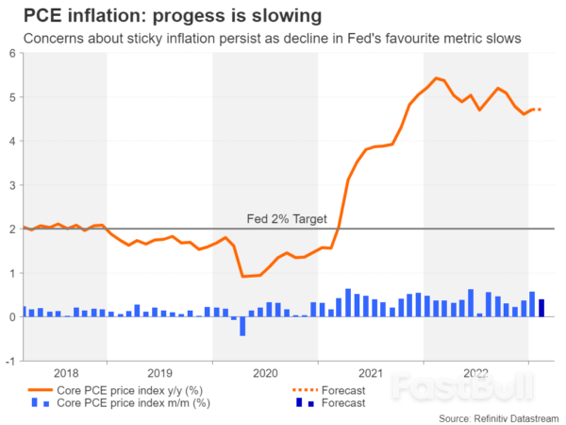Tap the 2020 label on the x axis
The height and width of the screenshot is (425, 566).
[265, 372]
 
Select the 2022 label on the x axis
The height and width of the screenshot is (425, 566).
[476, 372]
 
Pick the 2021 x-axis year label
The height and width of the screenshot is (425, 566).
[371, 372]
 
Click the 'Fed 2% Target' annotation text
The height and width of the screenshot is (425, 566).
[286, 219]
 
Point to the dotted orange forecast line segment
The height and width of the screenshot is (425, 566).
[535, 110]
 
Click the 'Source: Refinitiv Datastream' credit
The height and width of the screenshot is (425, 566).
[499, 417]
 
